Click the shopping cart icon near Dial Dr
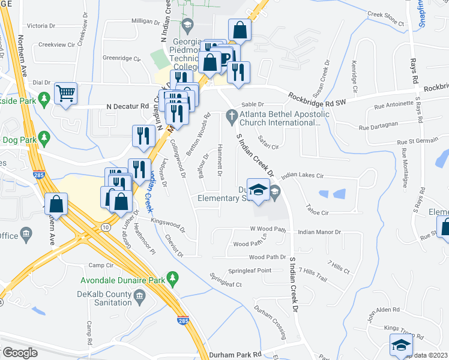point(65,94)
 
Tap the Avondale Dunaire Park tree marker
point(173,278)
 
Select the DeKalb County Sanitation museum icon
point(139,295)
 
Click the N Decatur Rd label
point(127,106)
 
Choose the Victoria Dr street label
point(41,26)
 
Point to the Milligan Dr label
point(143,20)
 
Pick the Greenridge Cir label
point(121,58)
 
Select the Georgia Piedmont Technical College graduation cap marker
point(188,25)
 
